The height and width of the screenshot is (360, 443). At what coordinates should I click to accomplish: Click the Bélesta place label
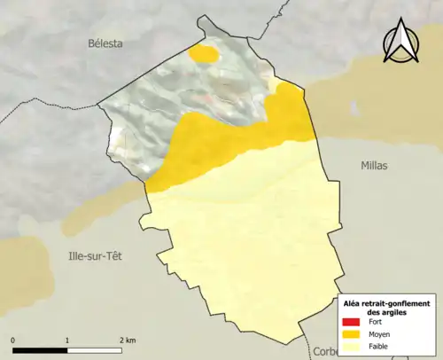pos(105,43)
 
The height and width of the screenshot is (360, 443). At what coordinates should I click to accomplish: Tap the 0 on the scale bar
pos(13,340)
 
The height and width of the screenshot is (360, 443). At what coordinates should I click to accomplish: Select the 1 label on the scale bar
pos(67,340)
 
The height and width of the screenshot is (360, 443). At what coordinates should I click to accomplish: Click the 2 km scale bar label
pos(127,340)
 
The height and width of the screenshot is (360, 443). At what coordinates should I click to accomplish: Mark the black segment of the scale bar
pos(40,350)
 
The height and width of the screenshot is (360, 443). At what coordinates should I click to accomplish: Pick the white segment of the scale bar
pos(95,350)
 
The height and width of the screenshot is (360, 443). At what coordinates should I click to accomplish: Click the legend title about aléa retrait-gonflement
pos(386,309)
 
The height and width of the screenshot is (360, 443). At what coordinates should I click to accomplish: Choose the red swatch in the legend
pos(352,323)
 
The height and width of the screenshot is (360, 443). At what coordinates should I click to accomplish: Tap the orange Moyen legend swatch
pos(352,334)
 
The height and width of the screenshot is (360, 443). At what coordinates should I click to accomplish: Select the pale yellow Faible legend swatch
pos(352,347)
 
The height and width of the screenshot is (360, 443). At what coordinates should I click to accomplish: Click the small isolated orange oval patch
pos(205,54)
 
